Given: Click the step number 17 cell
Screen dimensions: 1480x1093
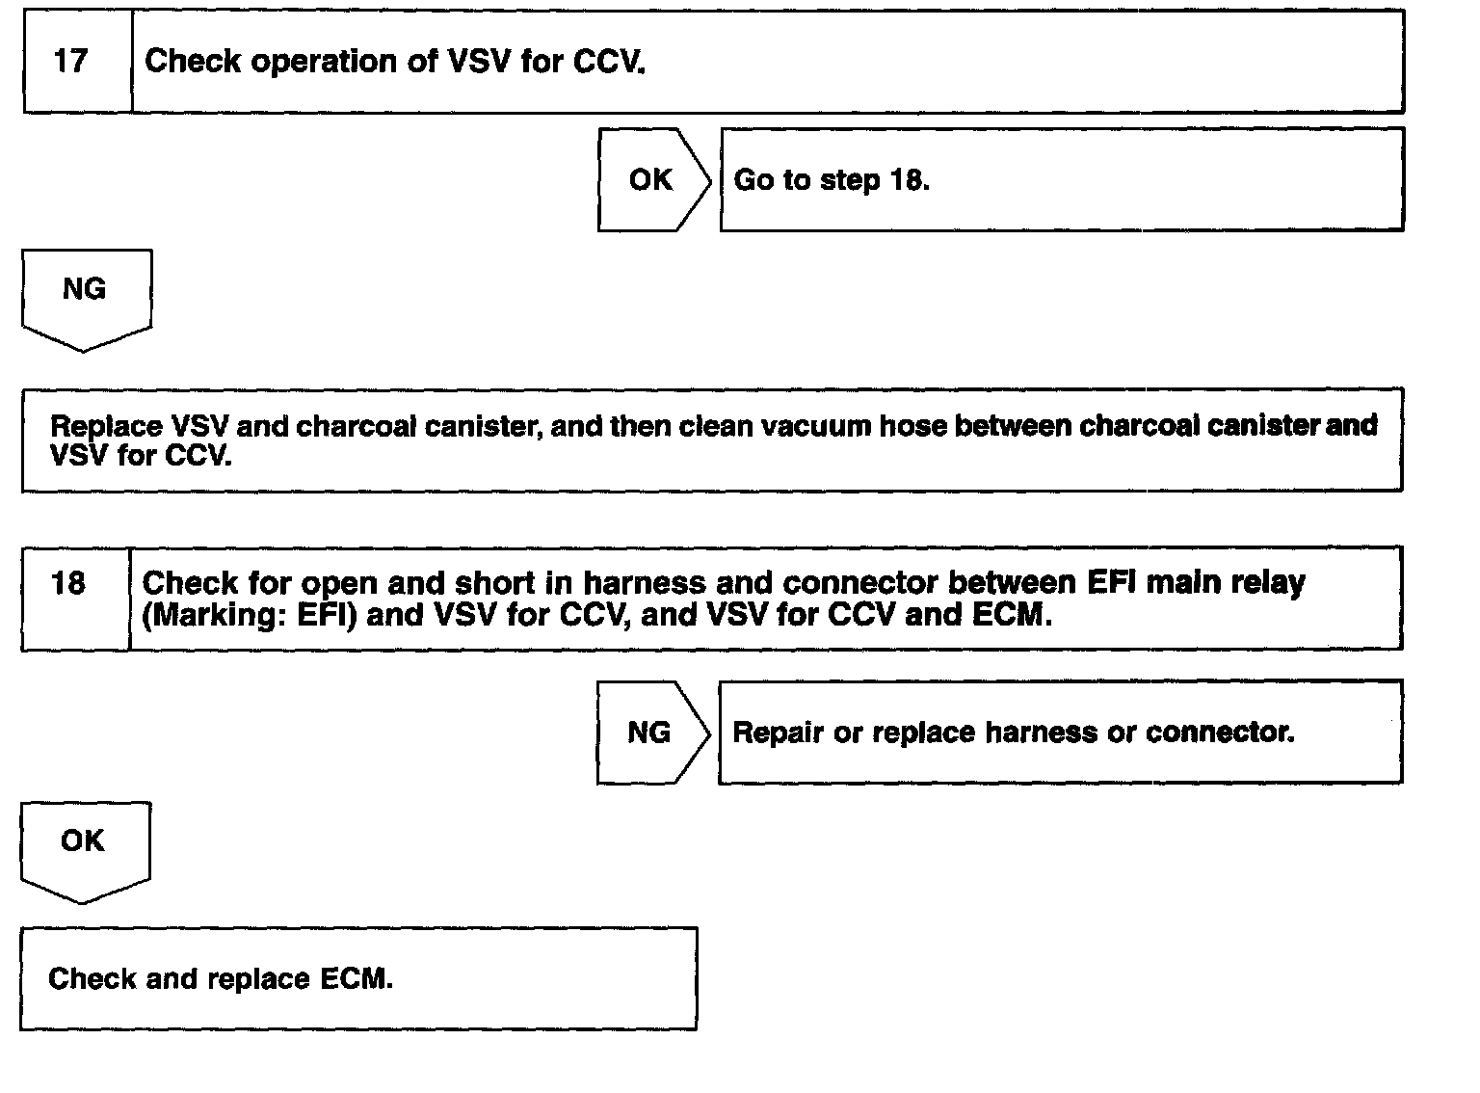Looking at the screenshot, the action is tap(77, 62).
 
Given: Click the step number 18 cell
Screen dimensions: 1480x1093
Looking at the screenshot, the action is tap(74, 599).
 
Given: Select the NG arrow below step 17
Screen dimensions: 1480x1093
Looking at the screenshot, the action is tap(85, 294).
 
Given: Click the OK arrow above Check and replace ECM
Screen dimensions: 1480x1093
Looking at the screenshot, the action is tap(84, 846).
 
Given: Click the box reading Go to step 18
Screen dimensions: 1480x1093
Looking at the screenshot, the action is tap(1061, 180).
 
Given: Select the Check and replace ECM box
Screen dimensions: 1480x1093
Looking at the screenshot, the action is tap(357, 978).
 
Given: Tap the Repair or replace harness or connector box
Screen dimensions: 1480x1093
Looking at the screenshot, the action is tap(1059, 733).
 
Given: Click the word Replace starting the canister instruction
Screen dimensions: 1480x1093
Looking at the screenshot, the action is tap(106, 425).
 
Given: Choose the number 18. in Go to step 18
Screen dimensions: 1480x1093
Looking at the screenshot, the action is tap(910, 180).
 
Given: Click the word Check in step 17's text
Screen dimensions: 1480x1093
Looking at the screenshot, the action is tap(189, 62).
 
